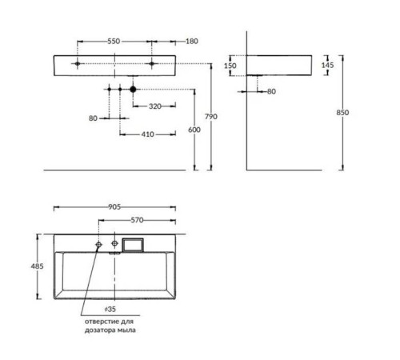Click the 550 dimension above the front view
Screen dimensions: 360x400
pyautogui.click(x=114, y=40)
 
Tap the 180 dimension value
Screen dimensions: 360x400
pyautogui.click(x=191, y=40)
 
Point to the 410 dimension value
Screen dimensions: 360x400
pyautogui.click(x=148, y=134)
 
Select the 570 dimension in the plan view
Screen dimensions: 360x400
pyautogui.click(x=138, y=220)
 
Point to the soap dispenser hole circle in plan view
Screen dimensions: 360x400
pyautogui.click(x=98, y=242)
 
